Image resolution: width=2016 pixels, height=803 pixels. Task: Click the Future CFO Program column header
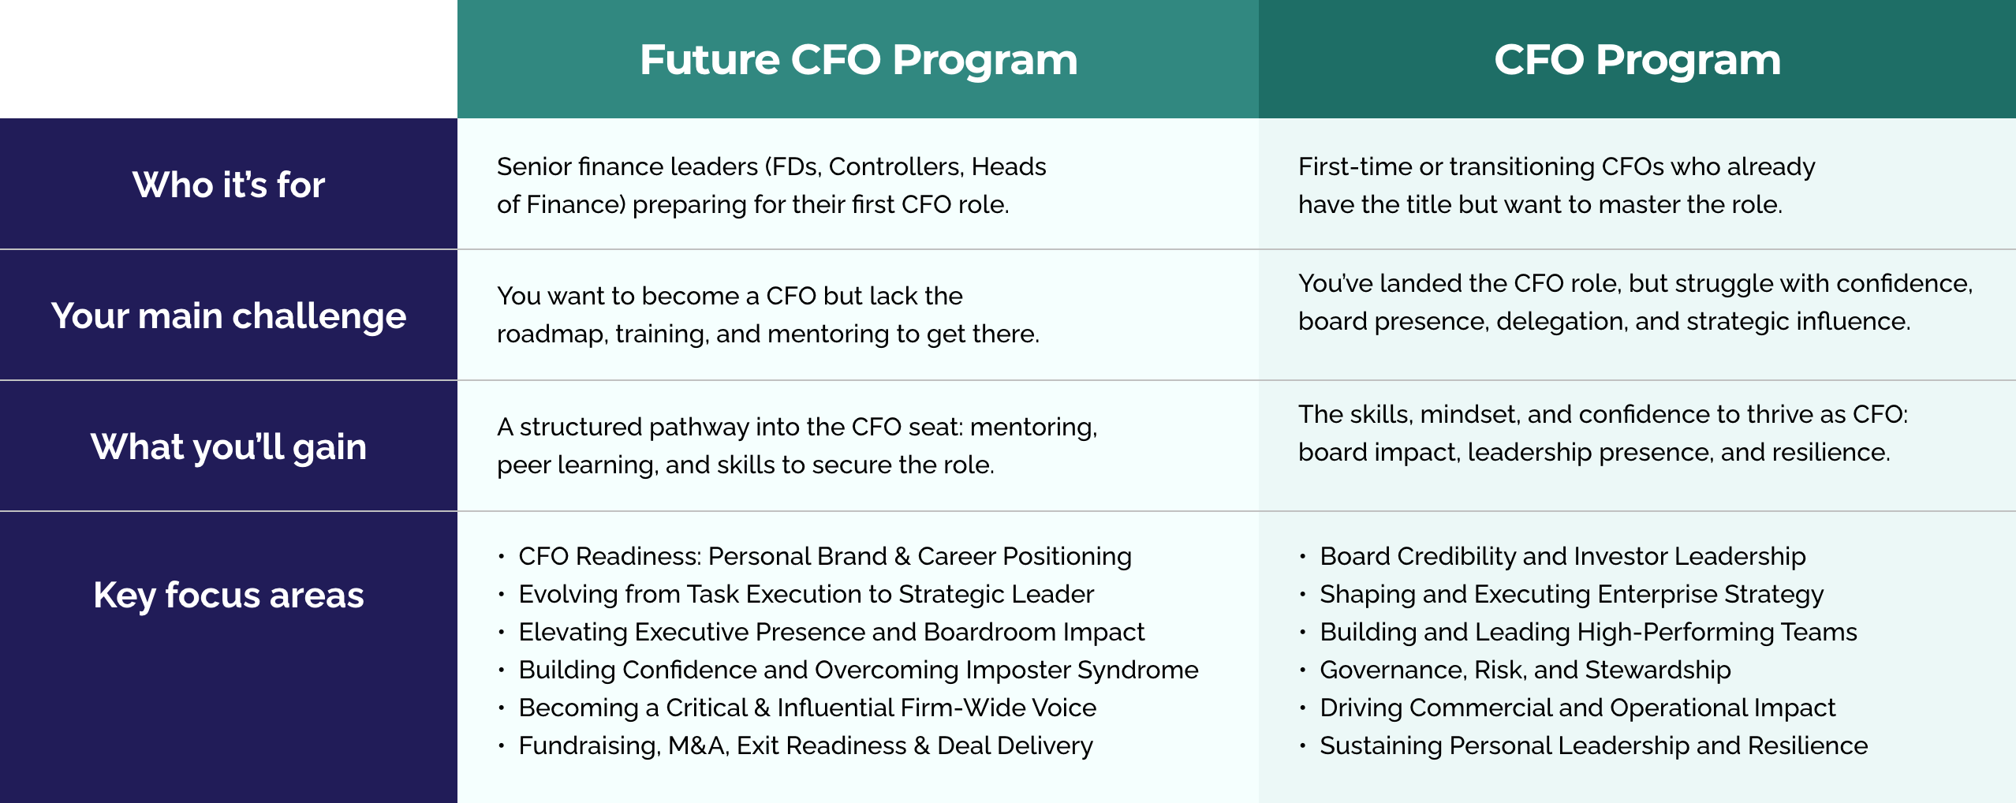coord(858,60)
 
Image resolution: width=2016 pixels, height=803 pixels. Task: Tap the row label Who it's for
coord(229,185)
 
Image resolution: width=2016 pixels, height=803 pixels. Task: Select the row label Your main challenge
coord(229,316)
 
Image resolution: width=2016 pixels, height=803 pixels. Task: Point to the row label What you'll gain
coord(229,447)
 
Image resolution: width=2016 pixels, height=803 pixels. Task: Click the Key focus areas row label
coord(229,595)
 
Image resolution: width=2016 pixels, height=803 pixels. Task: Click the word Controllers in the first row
coord(896,166)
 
